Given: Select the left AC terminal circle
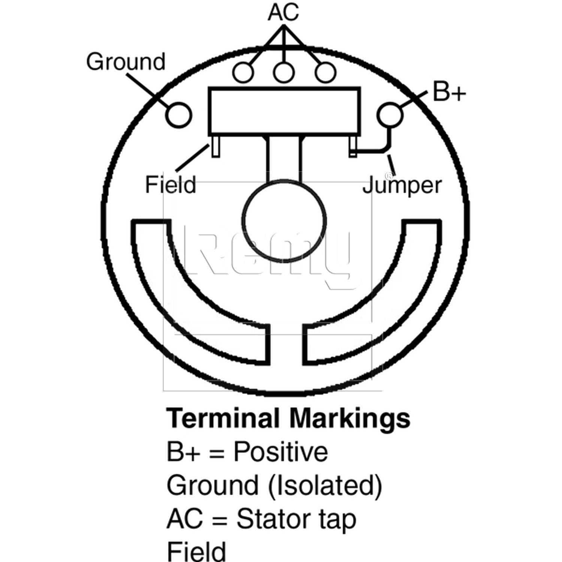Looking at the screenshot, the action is (x=243, y=72).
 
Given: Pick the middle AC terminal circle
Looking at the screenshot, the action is (x=284, y=72).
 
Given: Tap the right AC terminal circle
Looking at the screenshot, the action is (x=325, y=72).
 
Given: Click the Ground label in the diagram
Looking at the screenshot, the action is (x=126, y=61).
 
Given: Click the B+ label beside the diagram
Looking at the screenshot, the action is (x=449, y=91).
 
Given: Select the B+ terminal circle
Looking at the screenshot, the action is (x=390, y=115).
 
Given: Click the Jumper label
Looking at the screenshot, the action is (x=402, y=185).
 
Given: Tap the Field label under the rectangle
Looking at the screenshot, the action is (x=170, y=184).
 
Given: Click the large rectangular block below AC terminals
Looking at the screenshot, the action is (x=284, y=111).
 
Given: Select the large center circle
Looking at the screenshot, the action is (x=284, y=221).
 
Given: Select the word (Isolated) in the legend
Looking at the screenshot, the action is (x=325, y=486).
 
